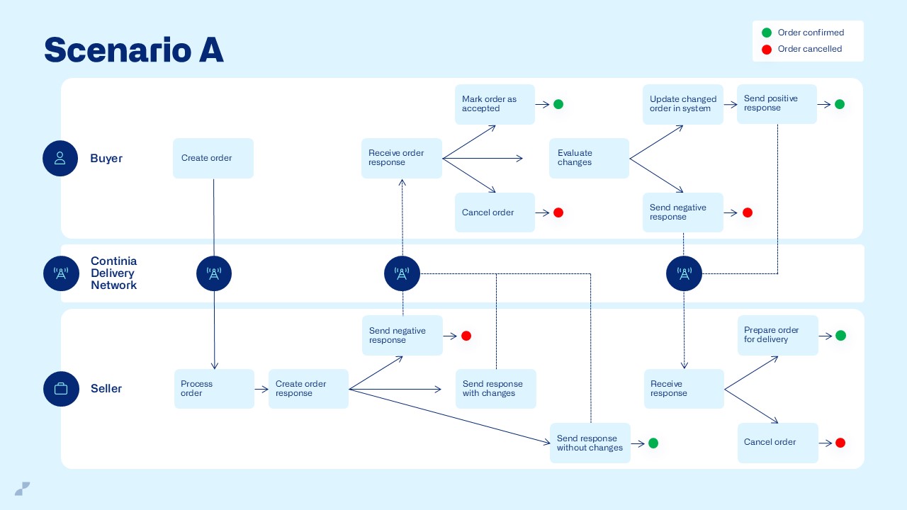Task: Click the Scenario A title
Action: (134, 50)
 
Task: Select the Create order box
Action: (213, 158)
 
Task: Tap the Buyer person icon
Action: (60, 158)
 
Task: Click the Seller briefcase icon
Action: (61, 389)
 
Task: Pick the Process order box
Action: (214, 389)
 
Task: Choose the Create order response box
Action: (308, 389)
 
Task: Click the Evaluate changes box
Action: (589, 158)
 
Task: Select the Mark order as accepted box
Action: (495, 104)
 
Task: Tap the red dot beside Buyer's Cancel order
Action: (558, 212)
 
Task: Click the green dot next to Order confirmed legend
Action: (766, 33)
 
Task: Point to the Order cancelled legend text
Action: (810, 49)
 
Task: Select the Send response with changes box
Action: (495, 389)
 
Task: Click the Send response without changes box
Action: (590, 443)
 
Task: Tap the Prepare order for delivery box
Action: (777, 335)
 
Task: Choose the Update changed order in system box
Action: (683, 104)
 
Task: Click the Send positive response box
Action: (777, 104)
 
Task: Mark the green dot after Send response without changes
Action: (653, 443)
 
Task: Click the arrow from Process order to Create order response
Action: (261, 389)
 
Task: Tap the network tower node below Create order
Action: (214, 273)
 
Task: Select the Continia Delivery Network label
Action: (114, 273)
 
